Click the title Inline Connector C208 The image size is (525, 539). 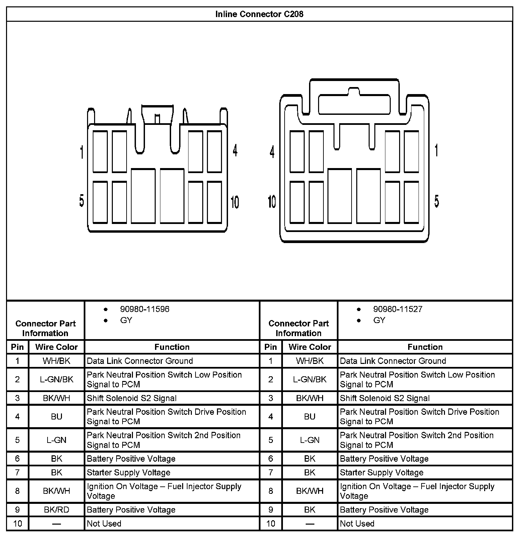click(259, 14)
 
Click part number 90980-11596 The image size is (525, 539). click(145, 309)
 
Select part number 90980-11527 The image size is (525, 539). click(398, 309)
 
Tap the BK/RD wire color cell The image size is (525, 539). click(57, 510)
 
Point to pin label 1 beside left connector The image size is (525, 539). click(81, 152)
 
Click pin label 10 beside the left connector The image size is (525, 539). click(235, 202)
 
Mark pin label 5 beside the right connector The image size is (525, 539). click(437, 201)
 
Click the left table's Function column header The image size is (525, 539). click(172, 347)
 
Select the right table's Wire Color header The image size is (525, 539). click(310, 347)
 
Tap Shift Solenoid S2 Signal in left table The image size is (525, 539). click(132, 398)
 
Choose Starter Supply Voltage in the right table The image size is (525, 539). click(382, 472)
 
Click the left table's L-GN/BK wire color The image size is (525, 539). click(57, 379)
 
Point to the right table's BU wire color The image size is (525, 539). click(310, 416)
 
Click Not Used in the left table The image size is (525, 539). click(104, 524)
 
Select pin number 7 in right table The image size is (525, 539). click(271, 472)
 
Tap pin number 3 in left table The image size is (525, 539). click(17, 398)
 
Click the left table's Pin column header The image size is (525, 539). click(17, 347)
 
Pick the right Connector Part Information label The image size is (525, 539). click(298, 328)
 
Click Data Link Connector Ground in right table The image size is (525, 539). click(393, 361)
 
